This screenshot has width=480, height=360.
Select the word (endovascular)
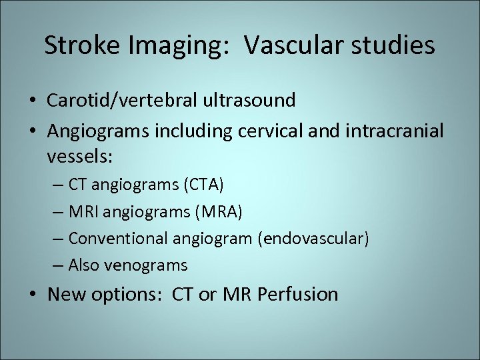click(x=313, y=238)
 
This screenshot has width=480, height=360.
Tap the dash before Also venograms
click(x=58, y=265)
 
